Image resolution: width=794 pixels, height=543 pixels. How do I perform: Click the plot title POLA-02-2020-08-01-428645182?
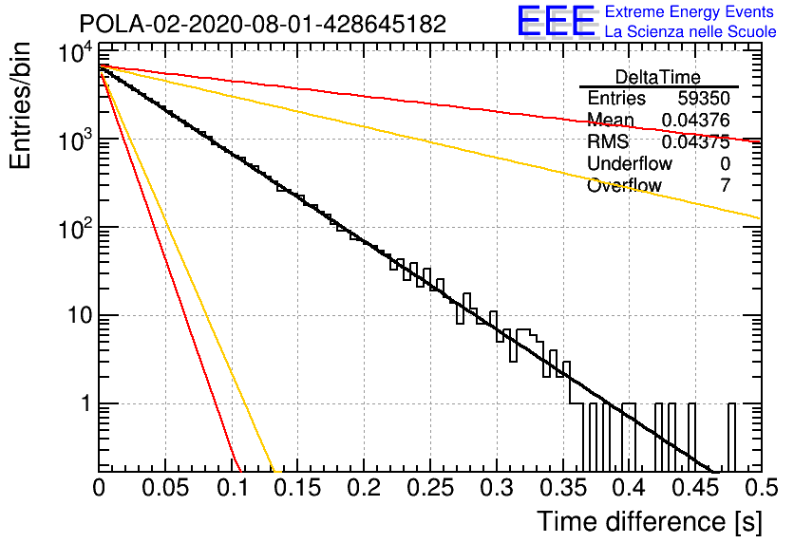tap(263, 24)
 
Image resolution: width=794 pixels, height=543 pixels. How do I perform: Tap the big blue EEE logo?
tap(556, 21)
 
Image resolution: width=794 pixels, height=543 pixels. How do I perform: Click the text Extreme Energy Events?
tap(690, 11)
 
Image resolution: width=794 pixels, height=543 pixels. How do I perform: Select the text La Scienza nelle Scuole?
tap(690, 32)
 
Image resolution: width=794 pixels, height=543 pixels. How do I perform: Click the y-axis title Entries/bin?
tap(20, 105)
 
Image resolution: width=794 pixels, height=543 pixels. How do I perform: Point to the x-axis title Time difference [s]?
tap(650, 521)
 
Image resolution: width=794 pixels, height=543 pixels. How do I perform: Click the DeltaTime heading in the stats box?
tap(658, 77)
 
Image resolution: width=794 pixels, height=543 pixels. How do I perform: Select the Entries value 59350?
tap(704, 98)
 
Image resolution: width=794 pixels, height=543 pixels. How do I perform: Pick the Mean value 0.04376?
tap(696, 120)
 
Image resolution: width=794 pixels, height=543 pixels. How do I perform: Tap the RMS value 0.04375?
tap(696, 141)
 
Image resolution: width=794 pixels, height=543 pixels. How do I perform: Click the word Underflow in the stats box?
tap(630, 163)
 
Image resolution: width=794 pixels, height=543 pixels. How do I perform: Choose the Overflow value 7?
tap(725, 185)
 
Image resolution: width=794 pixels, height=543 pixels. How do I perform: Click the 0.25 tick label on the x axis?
tap(430, 488)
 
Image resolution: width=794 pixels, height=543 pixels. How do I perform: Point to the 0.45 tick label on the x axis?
tap(695, 488)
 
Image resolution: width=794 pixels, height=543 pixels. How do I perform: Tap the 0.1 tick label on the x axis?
tap(233, 488)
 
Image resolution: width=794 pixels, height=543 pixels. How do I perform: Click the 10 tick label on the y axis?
tap(81, 315)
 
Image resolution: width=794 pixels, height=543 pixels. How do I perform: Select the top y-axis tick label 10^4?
tap(75, 52)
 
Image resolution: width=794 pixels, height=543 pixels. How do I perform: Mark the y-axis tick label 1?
tap(86, 403)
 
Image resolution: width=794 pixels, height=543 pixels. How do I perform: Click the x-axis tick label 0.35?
tap(562, 488)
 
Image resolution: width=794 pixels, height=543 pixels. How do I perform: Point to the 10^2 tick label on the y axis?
tap(75, 229)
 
